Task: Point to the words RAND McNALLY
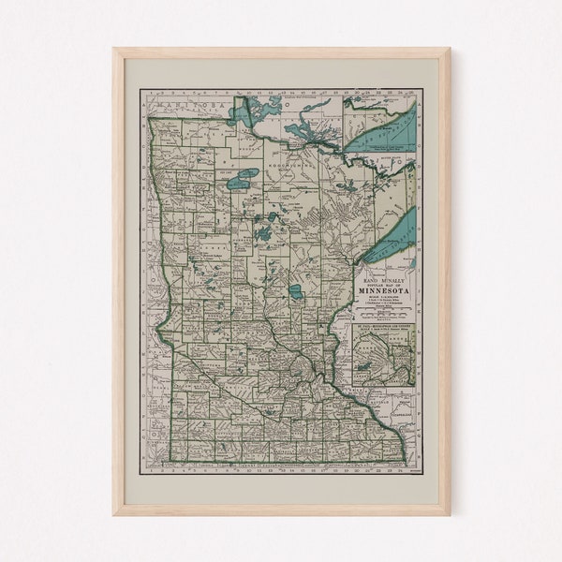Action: [383, 274]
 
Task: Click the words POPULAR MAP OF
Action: [383, 281]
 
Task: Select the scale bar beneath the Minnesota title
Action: [383, 301]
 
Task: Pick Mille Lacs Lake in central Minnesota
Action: [296, 292]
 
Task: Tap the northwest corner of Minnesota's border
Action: [149, 118]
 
